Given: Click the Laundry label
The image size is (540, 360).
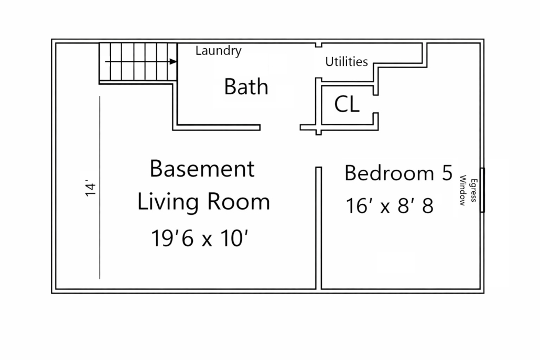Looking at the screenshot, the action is (x=218, y=51).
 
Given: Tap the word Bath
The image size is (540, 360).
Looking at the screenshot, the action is (x=246, y=86).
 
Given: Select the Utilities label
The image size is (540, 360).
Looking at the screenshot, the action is (x=347, y=62).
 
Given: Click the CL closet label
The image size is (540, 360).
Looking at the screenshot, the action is (x=347, y=104).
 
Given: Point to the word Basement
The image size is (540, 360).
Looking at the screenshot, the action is (x=202, y=169).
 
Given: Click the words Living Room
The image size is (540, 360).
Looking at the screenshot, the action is (x=203, y=201).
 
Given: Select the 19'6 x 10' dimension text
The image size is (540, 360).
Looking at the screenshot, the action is (x=200, y=238).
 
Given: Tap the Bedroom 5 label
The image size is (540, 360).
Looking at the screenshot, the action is (x=398, y=173).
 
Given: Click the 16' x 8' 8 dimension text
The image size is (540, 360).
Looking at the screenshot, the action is (x=390, y=206).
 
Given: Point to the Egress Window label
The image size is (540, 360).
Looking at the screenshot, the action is (x=468, y=190).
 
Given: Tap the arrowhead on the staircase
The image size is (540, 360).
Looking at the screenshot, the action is (x=173, y=62).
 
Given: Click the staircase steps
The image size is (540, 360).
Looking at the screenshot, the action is (x=138, y=62).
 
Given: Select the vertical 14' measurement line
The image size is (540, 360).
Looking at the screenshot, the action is (x=100, y=188).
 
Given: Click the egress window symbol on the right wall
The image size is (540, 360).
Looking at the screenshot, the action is (x=482, y=190).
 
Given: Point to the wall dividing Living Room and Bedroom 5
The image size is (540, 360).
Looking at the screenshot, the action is (x=319, y=228).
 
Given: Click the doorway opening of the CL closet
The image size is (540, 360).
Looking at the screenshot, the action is (x=376, y=104).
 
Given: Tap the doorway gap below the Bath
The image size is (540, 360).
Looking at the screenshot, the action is (x=280, y=128).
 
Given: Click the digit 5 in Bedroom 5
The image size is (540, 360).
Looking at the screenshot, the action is (x=447, y=173).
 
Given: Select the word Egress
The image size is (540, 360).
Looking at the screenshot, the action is (x=473, y=190).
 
